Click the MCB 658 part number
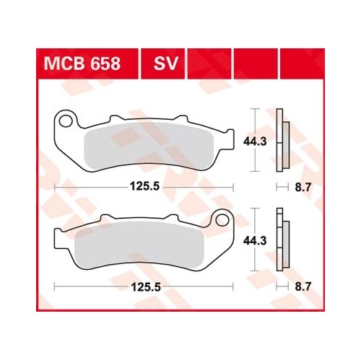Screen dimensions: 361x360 click(82, 63)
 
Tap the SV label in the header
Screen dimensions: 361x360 click(165, 63)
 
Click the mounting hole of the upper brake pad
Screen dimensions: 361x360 click(66, 121)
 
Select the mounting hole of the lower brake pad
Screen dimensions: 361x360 click(222, 220)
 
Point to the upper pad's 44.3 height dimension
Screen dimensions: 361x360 click(255, 142)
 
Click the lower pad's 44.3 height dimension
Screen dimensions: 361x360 click(255, 241)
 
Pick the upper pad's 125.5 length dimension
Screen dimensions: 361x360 click(144, 186)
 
